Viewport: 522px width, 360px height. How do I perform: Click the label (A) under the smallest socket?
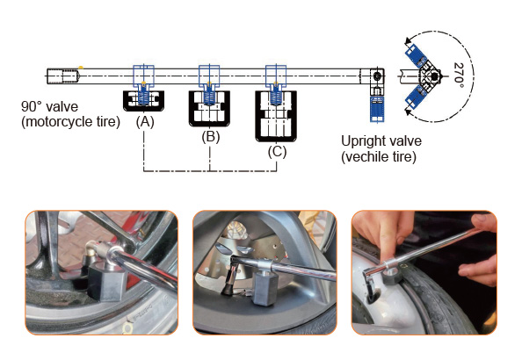point(145,122)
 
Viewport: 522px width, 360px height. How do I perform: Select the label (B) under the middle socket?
point(210,137)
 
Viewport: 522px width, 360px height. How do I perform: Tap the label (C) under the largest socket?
point(277,152)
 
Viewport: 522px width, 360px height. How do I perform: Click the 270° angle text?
point(459,76)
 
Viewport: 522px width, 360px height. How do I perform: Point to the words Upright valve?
point(381,140)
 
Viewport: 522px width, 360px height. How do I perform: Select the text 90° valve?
point(49,106)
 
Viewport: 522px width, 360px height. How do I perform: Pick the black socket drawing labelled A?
point(143,101)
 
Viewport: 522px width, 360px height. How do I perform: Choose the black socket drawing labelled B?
point(209,108)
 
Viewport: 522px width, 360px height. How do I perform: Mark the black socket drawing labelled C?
point(276,116)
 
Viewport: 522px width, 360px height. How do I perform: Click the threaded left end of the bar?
point(62,76)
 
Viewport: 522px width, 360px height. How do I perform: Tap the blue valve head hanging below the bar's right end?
point(377,109)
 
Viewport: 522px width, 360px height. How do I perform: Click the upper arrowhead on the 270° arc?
point(408,41)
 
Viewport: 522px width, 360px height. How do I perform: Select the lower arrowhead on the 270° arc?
point(408,112)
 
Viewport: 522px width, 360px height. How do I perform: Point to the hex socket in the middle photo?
point(265,287)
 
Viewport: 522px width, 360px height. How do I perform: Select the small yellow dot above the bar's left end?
point(81,68)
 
